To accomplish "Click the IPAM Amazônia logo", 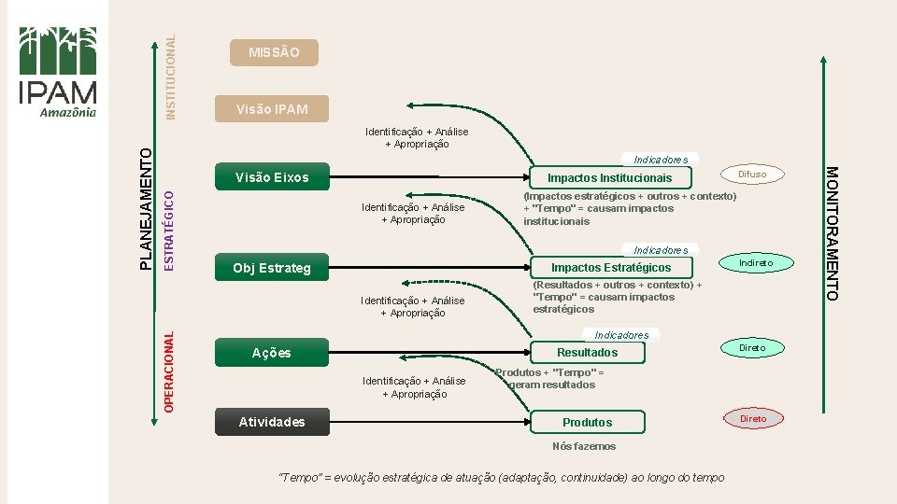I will click(x=58, y=72).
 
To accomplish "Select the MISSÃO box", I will click(x=275, y=52).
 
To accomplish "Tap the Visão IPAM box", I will click(x=273, y=109).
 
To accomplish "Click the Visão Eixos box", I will click(x=273, y=177).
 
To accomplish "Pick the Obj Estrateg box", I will click(x=273, y=269).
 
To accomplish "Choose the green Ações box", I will click(x=272, y=353).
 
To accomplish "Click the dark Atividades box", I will click(x=272, y=422).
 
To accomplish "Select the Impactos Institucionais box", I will click(x=609, y=177).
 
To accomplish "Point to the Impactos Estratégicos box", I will click(x=611, y=268).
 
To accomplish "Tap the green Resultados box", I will click(x=588, y=352).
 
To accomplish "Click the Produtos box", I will click(x=588, y=422).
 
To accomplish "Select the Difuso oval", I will click(x=752, y=174).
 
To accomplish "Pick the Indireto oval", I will click(x=756, y=264).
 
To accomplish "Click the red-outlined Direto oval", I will click(x=752, y=419).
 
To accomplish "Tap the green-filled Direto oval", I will click(x=752, y=348).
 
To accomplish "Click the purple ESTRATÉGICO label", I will click(x=169, y=230).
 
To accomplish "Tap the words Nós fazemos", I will click(x=584, y=446).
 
